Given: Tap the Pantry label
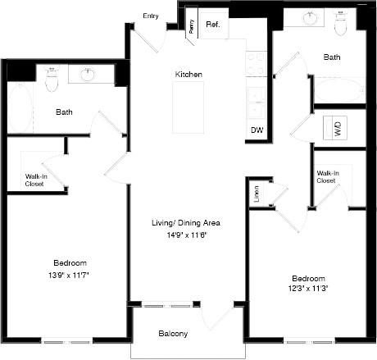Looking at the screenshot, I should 191,25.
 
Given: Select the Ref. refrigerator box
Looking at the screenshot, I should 212,25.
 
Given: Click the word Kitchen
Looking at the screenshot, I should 188,75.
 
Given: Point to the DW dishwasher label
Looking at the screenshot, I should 257,130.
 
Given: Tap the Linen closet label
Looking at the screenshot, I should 256,195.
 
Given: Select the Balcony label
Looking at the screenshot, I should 173,334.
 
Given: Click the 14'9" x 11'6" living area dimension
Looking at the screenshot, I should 188,235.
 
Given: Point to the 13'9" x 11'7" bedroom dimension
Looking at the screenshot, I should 69,276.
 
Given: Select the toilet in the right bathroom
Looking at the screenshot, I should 342,24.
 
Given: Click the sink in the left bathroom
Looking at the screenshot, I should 90,75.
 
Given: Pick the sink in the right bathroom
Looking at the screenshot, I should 309,20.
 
